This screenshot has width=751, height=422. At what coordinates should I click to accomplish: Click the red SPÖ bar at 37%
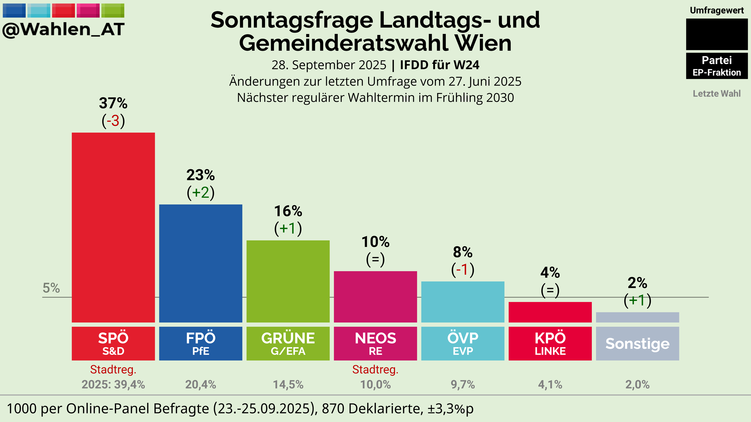click(113, 227)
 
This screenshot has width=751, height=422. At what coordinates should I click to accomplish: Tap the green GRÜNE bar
click(288, 281)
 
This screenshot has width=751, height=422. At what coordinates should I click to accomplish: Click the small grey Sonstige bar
click(637, 317)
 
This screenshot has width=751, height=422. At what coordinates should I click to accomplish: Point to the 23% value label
click(201, 175)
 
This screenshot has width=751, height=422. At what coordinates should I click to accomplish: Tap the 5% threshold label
click(51, 288)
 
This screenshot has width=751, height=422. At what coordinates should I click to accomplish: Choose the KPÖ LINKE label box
click(550, 343)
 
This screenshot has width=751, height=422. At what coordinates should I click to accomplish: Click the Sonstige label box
click(637, 343)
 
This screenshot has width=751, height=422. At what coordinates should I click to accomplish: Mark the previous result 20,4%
click(201, 384)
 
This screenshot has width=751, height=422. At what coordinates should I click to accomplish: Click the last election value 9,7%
click(463, 384)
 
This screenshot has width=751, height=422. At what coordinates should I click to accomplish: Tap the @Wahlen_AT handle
click(64, 29)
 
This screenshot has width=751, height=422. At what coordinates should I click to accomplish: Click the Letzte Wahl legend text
click(717, 94)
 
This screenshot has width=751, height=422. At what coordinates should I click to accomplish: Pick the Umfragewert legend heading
click(717, 11)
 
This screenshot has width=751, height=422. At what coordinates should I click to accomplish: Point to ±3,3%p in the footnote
click(451, 408)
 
